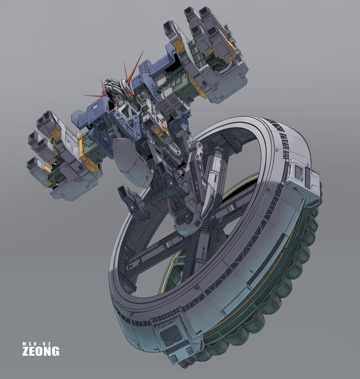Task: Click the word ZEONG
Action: (41, 351)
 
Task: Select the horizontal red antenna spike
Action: (95, 96)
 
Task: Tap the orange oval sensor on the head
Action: (115, 104)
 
